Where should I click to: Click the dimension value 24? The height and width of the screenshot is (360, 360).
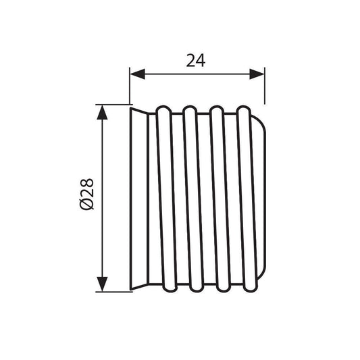[x=196, y=61]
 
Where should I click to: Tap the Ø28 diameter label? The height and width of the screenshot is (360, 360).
[x=86, y=195]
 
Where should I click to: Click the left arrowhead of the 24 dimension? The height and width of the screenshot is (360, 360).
[x=138, y=74]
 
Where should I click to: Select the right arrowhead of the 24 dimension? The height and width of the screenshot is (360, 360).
[x=257, y=74]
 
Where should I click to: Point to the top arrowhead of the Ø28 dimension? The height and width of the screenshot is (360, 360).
[x=102, y=112]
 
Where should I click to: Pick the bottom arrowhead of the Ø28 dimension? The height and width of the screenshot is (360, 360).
[x=102, y=284]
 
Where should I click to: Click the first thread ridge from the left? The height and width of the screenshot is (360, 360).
[x=167, y=199]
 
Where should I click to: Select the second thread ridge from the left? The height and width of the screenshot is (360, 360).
[x=193, y=199]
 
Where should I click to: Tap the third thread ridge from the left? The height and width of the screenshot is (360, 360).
[x=220, y=199]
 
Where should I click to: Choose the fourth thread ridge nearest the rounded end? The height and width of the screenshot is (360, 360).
[x=247, y=199]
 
